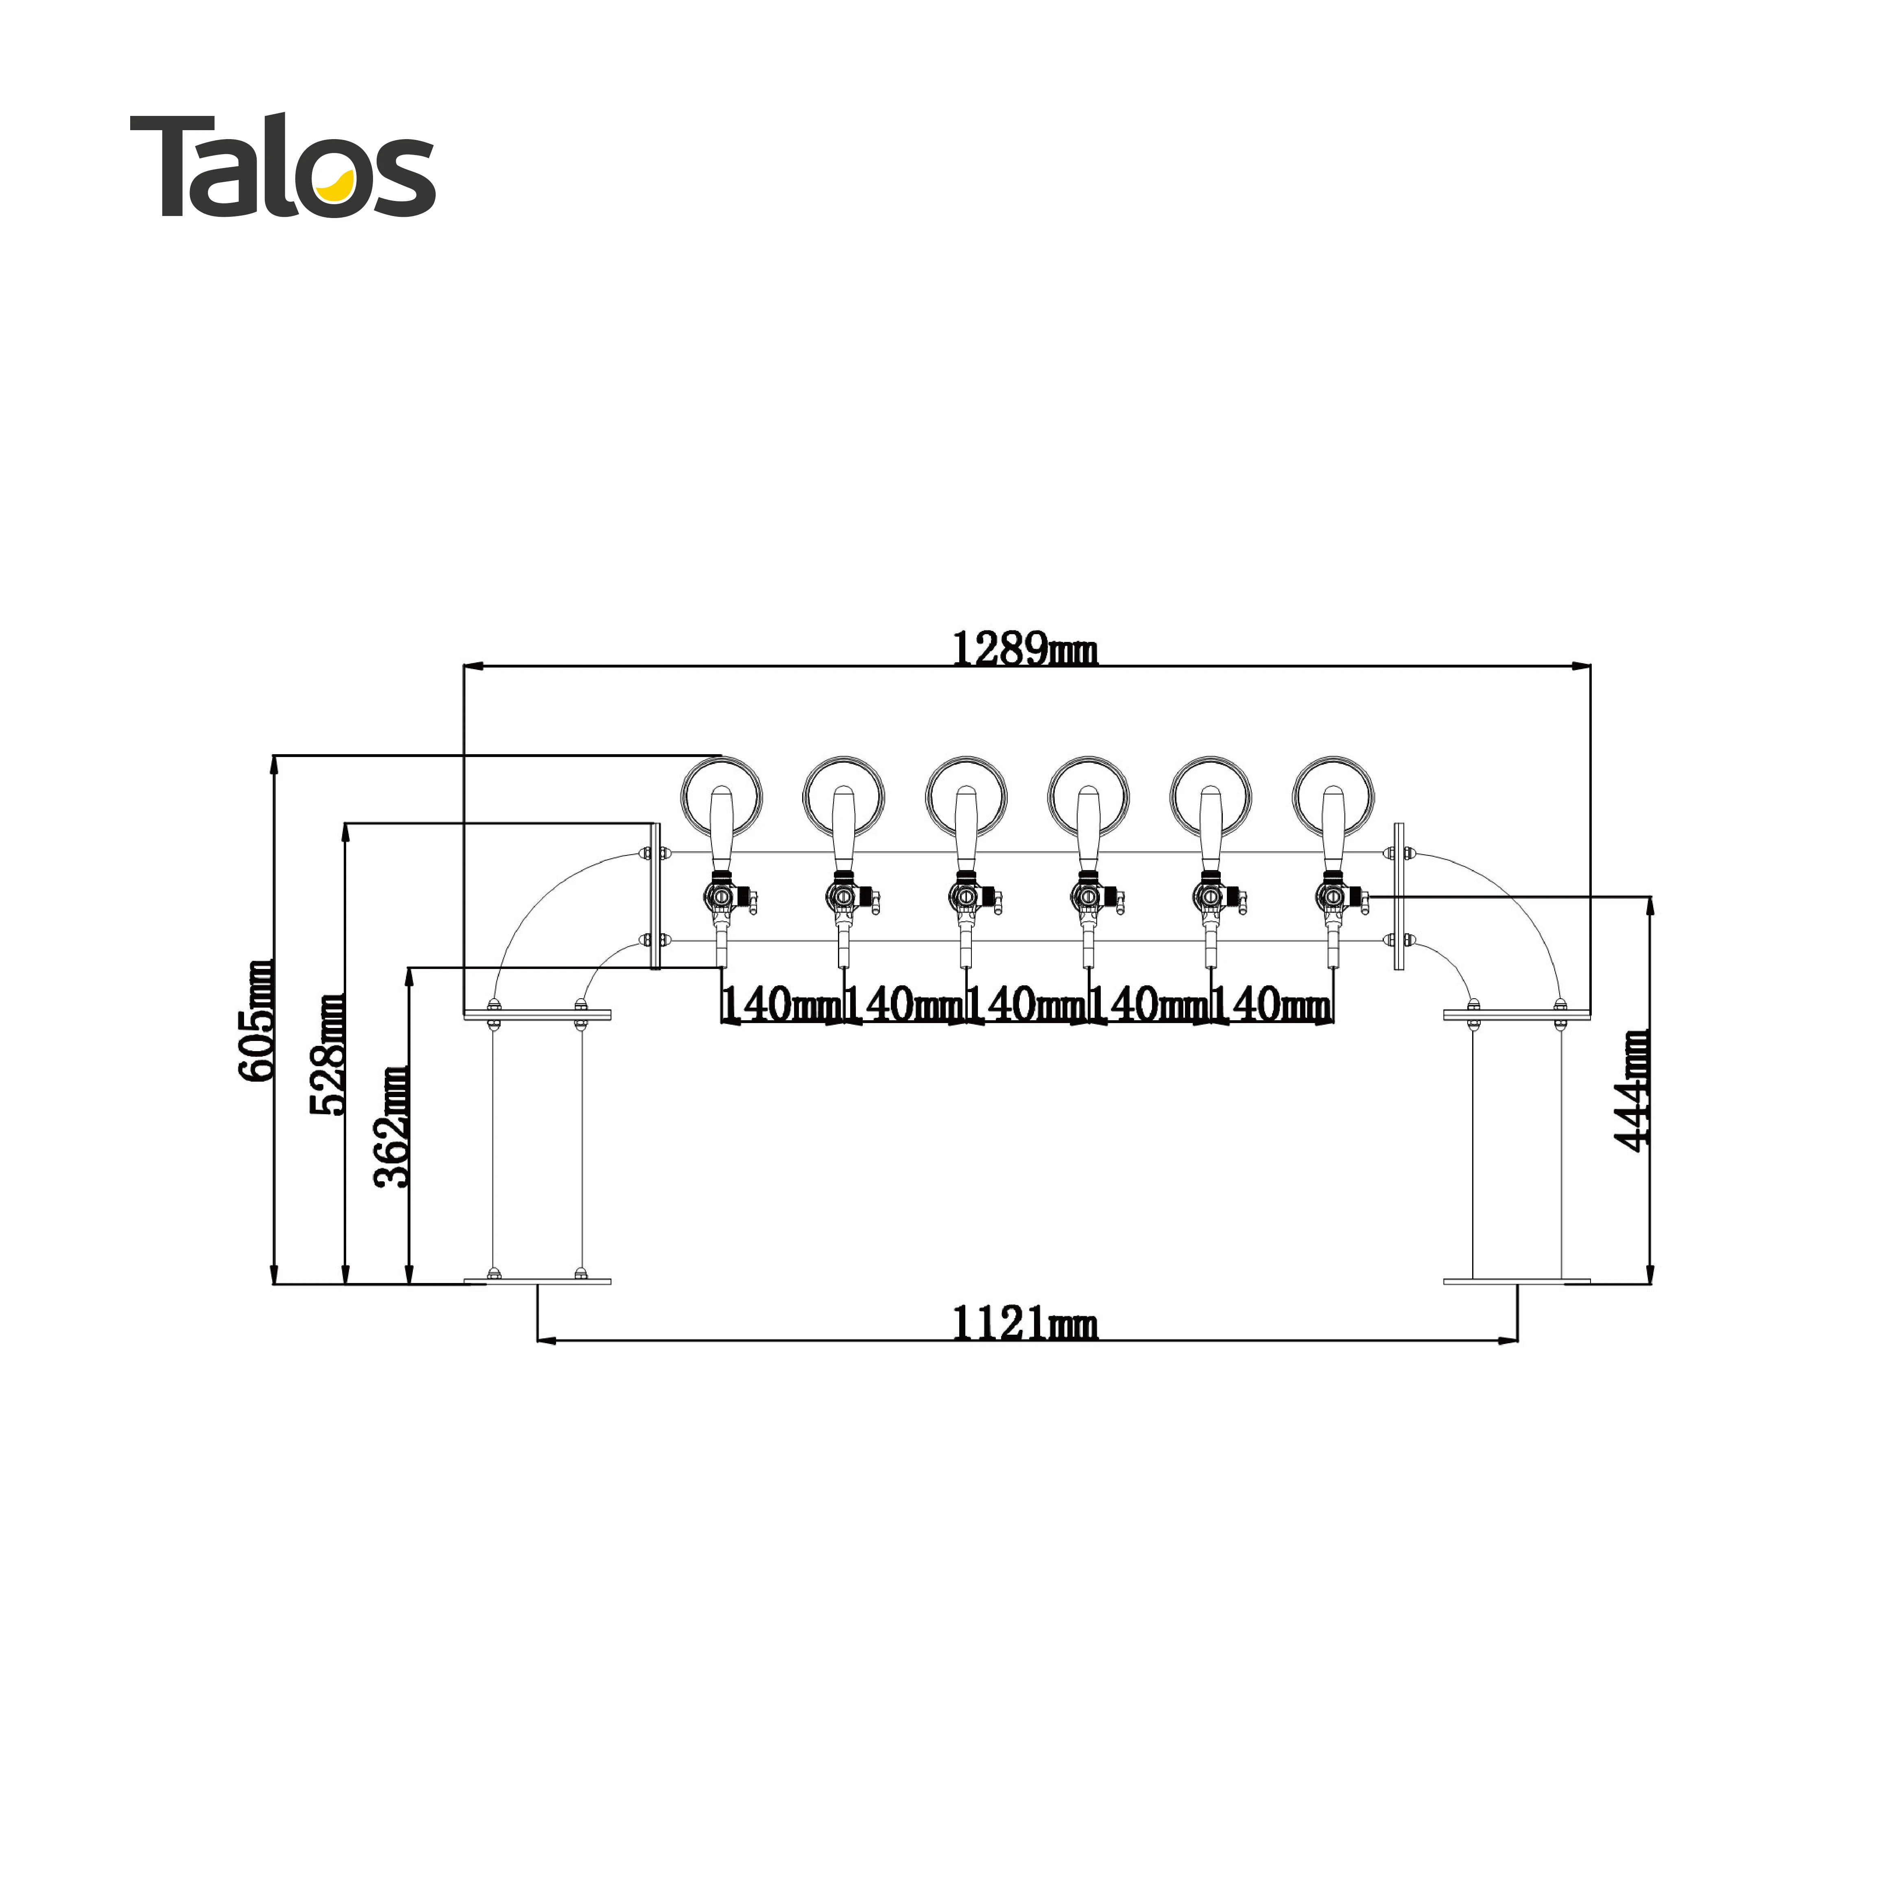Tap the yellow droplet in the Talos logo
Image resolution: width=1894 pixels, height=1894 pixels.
340,184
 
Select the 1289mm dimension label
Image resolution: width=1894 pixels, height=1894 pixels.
1024,649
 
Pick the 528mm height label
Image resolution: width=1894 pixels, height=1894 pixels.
327,1054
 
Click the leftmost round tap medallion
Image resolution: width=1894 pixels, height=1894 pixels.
722,796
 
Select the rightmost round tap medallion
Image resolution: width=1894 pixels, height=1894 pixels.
1333,796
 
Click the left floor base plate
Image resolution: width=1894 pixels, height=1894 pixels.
537,1281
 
